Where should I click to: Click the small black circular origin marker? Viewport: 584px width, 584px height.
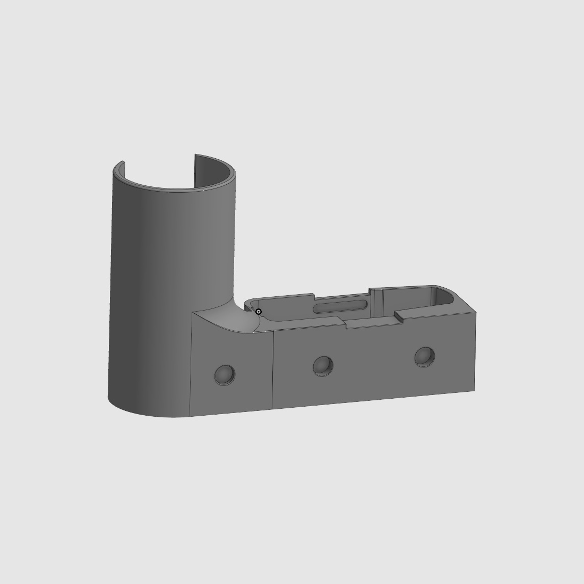pyautogui.click(x=259, y=312)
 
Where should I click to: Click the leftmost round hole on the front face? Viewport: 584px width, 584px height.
pyautogui.click(x=225, y=375)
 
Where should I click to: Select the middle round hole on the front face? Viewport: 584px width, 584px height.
pyautogui.click(x=323, y=365)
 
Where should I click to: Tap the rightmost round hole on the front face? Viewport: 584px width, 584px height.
pyautogui.click(x=425, y=357)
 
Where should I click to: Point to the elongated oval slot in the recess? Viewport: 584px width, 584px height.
pyautogui.click(x=340, y=306)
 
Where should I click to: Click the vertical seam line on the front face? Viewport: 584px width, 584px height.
pyautogui.click(x=273, y=372)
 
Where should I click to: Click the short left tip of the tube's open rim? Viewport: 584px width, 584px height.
pyautogui.click(x=121, y=164)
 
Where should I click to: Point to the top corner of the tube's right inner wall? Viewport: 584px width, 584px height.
pyautogui.click(x=195, y=155)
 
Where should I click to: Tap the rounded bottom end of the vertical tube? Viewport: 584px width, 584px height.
pyautogui.click(x=143, y=409)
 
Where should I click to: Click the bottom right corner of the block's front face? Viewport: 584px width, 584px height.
pyautogui.click(x=474, y=390)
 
